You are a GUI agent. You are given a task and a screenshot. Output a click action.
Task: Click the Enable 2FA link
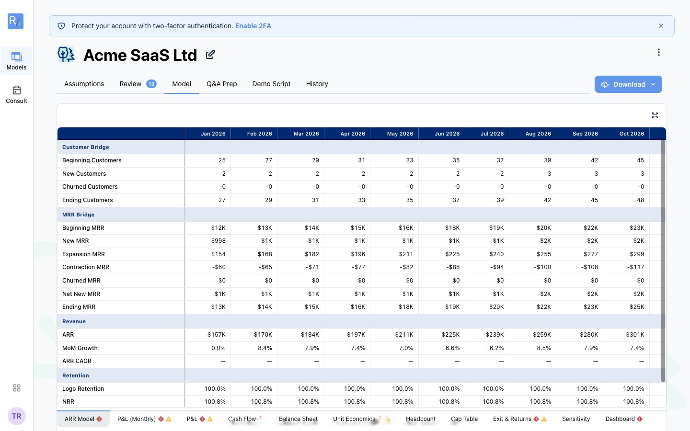(x=253, y=26)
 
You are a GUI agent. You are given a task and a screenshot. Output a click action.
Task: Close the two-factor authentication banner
(x=661, y=26)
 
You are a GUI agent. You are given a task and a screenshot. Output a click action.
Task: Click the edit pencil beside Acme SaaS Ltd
(x=210, y=55)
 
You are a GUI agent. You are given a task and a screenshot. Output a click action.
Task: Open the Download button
(x=628, y=84)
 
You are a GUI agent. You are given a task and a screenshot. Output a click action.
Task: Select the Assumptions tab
(x=84, y=84)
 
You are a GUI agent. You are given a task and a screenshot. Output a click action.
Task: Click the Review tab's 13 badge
(x=151, y=84)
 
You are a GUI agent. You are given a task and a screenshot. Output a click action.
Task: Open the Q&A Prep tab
(x=221, y=84)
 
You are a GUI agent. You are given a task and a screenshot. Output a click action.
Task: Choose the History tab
(x=317, y=84)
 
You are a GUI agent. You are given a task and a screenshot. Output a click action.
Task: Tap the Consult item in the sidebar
(x=16, y=95)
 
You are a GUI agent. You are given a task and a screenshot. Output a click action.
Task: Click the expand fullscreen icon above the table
(x=655, y=115)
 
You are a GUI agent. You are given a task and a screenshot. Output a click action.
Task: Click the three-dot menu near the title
(x=658, y=52)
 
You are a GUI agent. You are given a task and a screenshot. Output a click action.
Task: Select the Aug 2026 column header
(x=538, y=134)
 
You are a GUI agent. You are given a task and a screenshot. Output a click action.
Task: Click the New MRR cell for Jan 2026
(x=218, y=241)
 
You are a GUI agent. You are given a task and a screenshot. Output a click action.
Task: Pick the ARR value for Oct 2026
(x=635, y=335)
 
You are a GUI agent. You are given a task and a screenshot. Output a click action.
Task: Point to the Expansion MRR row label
(x=83, y=254)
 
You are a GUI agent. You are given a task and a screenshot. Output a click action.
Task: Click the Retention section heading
(x=76, y=375)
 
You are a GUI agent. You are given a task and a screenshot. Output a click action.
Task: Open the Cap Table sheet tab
(x=464, y=419)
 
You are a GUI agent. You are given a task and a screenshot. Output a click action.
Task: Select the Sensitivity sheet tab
(x=576, y=419)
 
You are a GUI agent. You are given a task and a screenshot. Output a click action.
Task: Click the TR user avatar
(x=17, y=416)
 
